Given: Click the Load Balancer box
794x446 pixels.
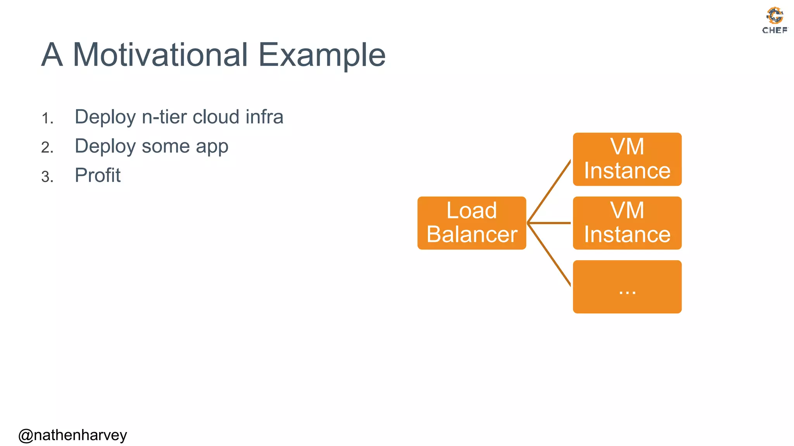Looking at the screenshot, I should pyautogui.click(x=471, y=223).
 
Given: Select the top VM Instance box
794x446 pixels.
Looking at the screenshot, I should pyautogui.click(x=627, y=159).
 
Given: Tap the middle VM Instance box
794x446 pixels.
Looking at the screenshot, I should pyautogui.click(x=627, y=223).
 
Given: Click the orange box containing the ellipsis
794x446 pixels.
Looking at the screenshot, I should pyautogui.click(x=627, y=286).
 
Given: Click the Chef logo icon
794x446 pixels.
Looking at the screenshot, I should pyautogui.click(x=775, y=15).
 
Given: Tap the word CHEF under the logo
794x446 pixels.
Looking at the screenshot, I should pyautogui.click(x=775, y=30).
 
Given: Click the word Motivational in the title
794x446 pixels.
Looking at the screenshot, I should pyautogui.click(x=160, y=55).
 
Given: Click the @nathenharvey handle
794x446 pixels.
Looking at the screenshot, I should pyautogui.click(x=72, y=435).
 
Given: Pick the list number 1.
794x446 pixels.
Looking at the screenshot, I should pyautogui.click(x=47, y=118).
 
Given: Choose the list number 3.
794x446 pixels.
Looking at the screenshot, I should pyautogui.click(x=47, y=177).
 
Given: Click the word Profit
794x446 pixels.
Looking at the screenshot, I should pyautogui.click(x=97, y=175).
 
